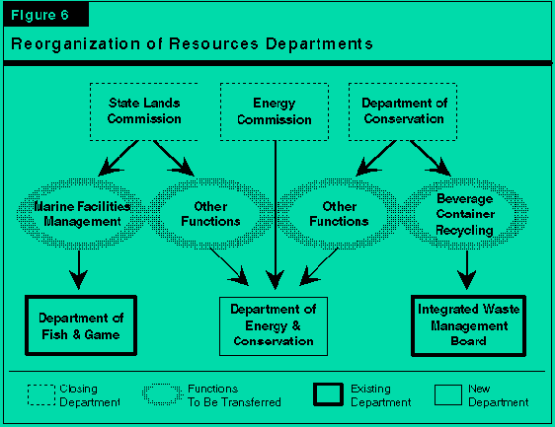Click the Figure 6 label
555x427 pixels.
[x=40, y=15]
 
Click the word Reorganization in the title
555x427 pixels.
[x=75, y=44]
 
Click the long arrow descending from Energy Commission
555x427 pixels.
[x=276, y=215]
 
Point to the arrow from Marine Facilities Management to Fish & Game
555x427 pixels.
[x=79, y=269]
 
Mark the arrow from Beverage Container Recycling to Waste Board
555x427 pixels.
[x=467, y=269]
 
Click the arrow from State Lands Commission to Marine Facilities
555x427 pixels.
[x=119, y=158]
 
